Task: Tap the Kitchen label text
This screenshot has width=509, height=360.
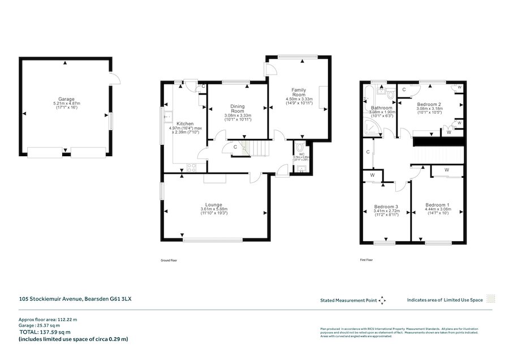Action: coord(185,123)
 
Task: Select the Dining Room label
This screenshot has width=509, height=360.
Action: coord(237,108)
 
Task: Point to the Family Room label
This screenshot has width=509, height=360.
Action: coord(299,93)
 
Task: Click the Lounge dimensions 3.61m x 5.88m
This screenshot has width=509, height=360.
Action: coord(214,209)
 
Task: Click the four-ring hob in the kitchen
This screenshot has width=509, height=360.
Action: coord(191,167)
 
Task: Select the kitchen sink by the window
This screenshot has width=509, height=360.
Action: coord(167,118)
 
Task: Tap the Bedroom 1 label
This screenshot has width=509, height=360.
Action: coord(437,204)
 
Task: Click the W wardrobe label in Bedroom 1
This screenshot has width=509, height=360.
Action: coord(446,169)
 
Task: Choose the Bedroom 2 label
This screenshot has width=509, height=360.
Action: coord(429,104)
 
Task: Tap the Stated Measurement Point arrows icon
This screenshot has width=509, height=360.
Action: coord(381,299)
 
